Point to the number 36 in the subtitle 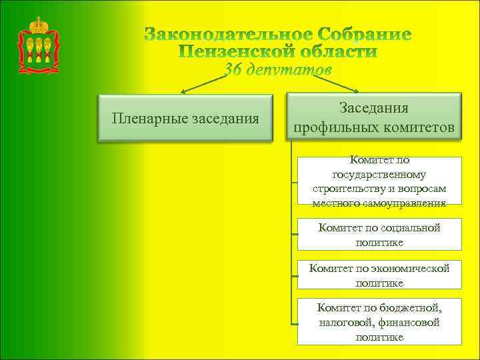point(235,69)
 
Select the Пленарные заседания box point(186,119)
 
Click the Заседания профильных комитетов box point(374,117)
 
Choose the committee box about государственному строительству point(379,182)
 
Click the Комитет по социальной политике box point(379,235)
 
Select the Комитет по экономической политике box point(379,275)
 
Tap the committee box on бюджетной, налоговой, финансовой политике point(379,322)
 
